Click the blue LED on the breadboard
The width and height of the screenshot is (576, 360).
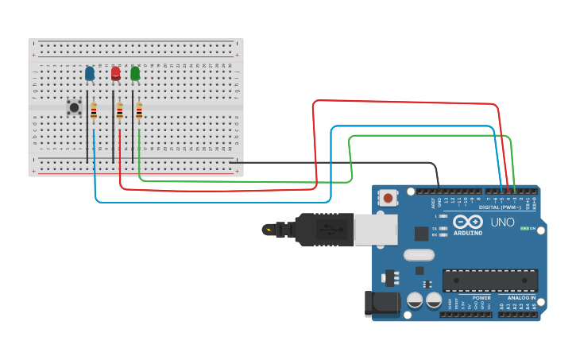click(x=89, y=74)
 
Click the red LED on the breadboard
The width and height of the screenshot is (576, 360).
click(x=115, y=74)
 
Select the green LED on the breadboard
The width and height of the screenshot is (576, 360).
click(x=135, y=74)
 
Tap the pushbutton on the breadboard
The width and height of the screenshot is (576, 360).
click(x=74, y=106)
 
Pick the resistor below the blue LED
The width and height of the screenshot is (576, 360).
click(x=94, y=111)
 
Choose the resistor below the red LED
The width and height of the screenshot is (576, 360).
click(x=120, y=111)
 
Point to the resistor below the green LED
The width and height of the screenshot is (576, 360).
click(x=139, y=111)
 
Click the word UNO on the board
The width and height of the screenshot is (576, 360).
click(x=502, y=223)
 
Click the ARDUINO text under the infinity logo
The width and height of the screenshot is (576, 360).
click(x=468, y=233)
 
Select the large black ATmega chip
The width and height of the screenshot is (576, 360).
click(x=489, y=280)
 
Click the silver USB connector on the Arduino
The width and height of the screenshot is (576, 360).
click(x=375, y=229)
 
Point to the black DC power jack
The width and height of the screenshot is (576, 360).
click(x=381, y=304)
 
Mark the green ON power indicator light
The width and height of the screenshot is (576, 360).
click(x=523, y=229)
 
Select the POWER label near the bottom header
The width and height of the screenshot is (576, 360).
click(x=481, y=298)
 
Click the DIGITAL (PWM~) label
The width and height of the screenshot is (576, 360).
click(x=500, y=207)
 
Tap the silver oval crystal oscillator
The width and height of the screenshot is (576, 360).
click(x=419, y=255)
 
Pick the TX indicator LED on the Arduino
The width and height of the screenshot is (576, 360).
click(x=443, y=228)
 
